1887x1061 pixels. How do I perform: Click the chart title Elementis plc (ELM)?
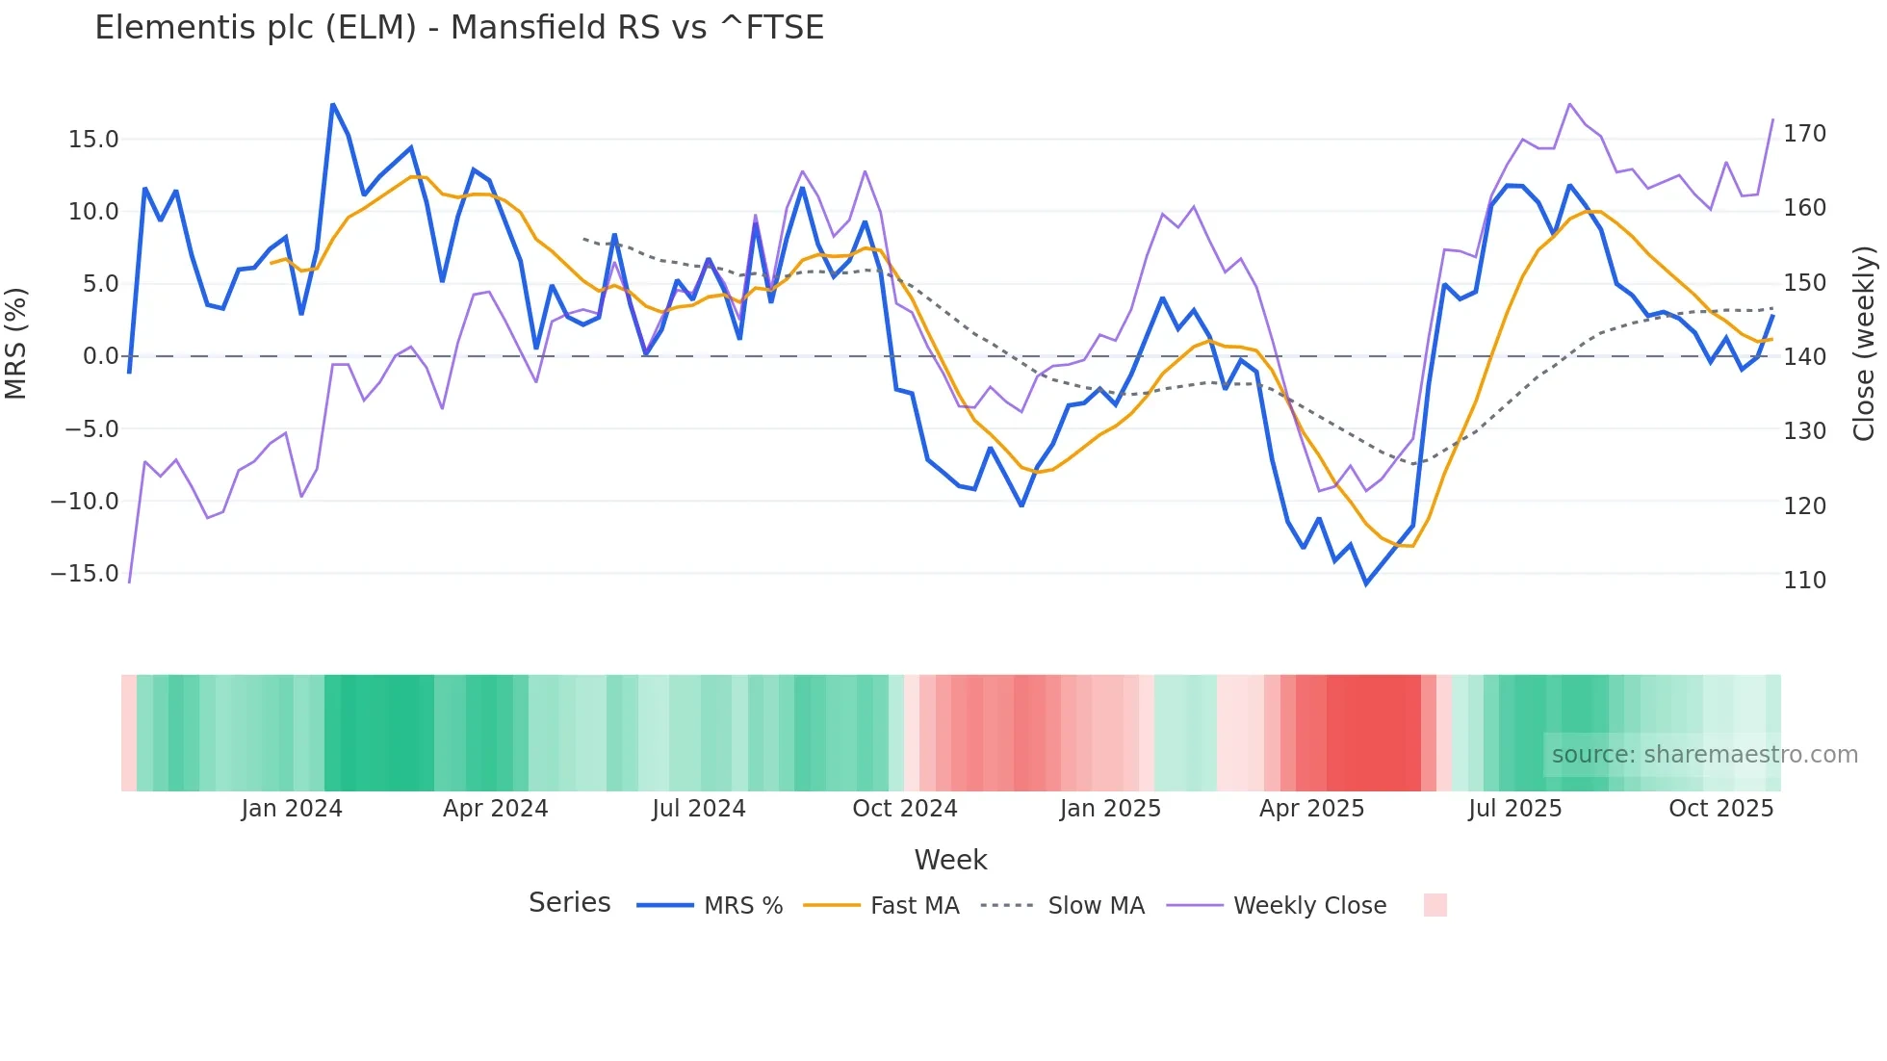pyautogui.click(x=459, y=28)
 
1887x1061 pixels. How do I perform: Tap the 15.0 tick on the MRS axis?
pyautogui.click(x=93, y=140)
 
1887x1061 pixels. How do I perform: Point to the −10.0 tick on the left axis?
pyautogui.click(x=85, y=502)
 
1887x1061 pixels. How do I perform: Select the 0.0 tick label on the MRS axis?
pyautogui.click(x=100, y=356)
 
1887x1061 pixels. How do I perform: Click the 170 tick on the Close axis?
pyautogui.click(x=1804, y=134)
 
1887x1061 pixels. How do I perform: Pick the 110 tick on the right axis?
pyautogui.click(x=1804, y=581)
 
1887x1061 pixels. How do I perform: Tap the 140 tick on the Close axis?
pyautogui.click(x=1804, y=357)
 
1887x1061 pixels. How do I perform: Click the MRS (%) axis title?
pyautogui.click(x=16, y=343)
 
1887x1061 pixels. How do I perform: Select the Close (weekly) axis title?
pyautogui.click(x=1865, y=343)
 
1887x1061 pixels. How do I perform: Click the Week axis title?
pyautogui.click(x=950, y=860)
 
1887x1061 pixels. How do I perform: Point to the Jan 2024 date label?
pyautogui.click(x=292, y=809)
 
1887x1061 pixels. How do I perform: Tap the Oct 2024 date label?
pyautogui.click(x=905, y=809)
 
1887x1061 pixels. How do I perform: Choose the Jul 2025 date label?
pyautogui.click(x=1514, y=809)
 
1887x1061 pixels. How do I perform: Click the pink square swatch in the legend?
pyautogui.click(x=1435, y=905)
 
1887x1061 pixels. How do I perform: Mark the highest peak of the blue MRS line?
pyautogui.click(x=332, y=104)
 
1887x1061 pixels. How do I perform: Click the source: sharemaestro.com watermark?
pyautogui.click(x=1704, y=755)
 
